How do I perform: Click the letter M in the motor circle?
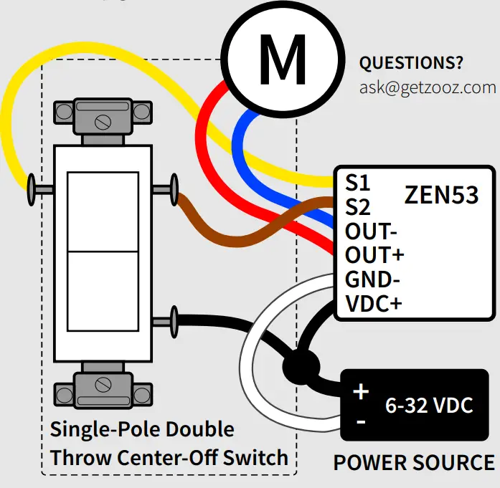282,60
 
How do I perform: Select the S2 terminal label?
357,207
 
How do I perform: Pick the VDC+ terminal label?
374,303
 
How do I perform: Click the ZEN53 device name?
441,195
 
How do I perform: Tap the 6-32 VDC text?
429,406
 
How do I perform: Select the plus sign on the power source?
361,392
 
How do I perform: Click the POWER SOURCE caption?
414,463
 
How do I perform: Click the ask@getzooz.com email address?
428,87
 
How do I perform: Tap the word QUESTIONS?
411,62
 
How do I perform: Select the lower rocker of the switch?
102,291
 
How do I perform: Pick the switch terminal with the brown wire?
170,189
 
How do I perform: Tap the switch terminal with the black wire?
170,320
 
